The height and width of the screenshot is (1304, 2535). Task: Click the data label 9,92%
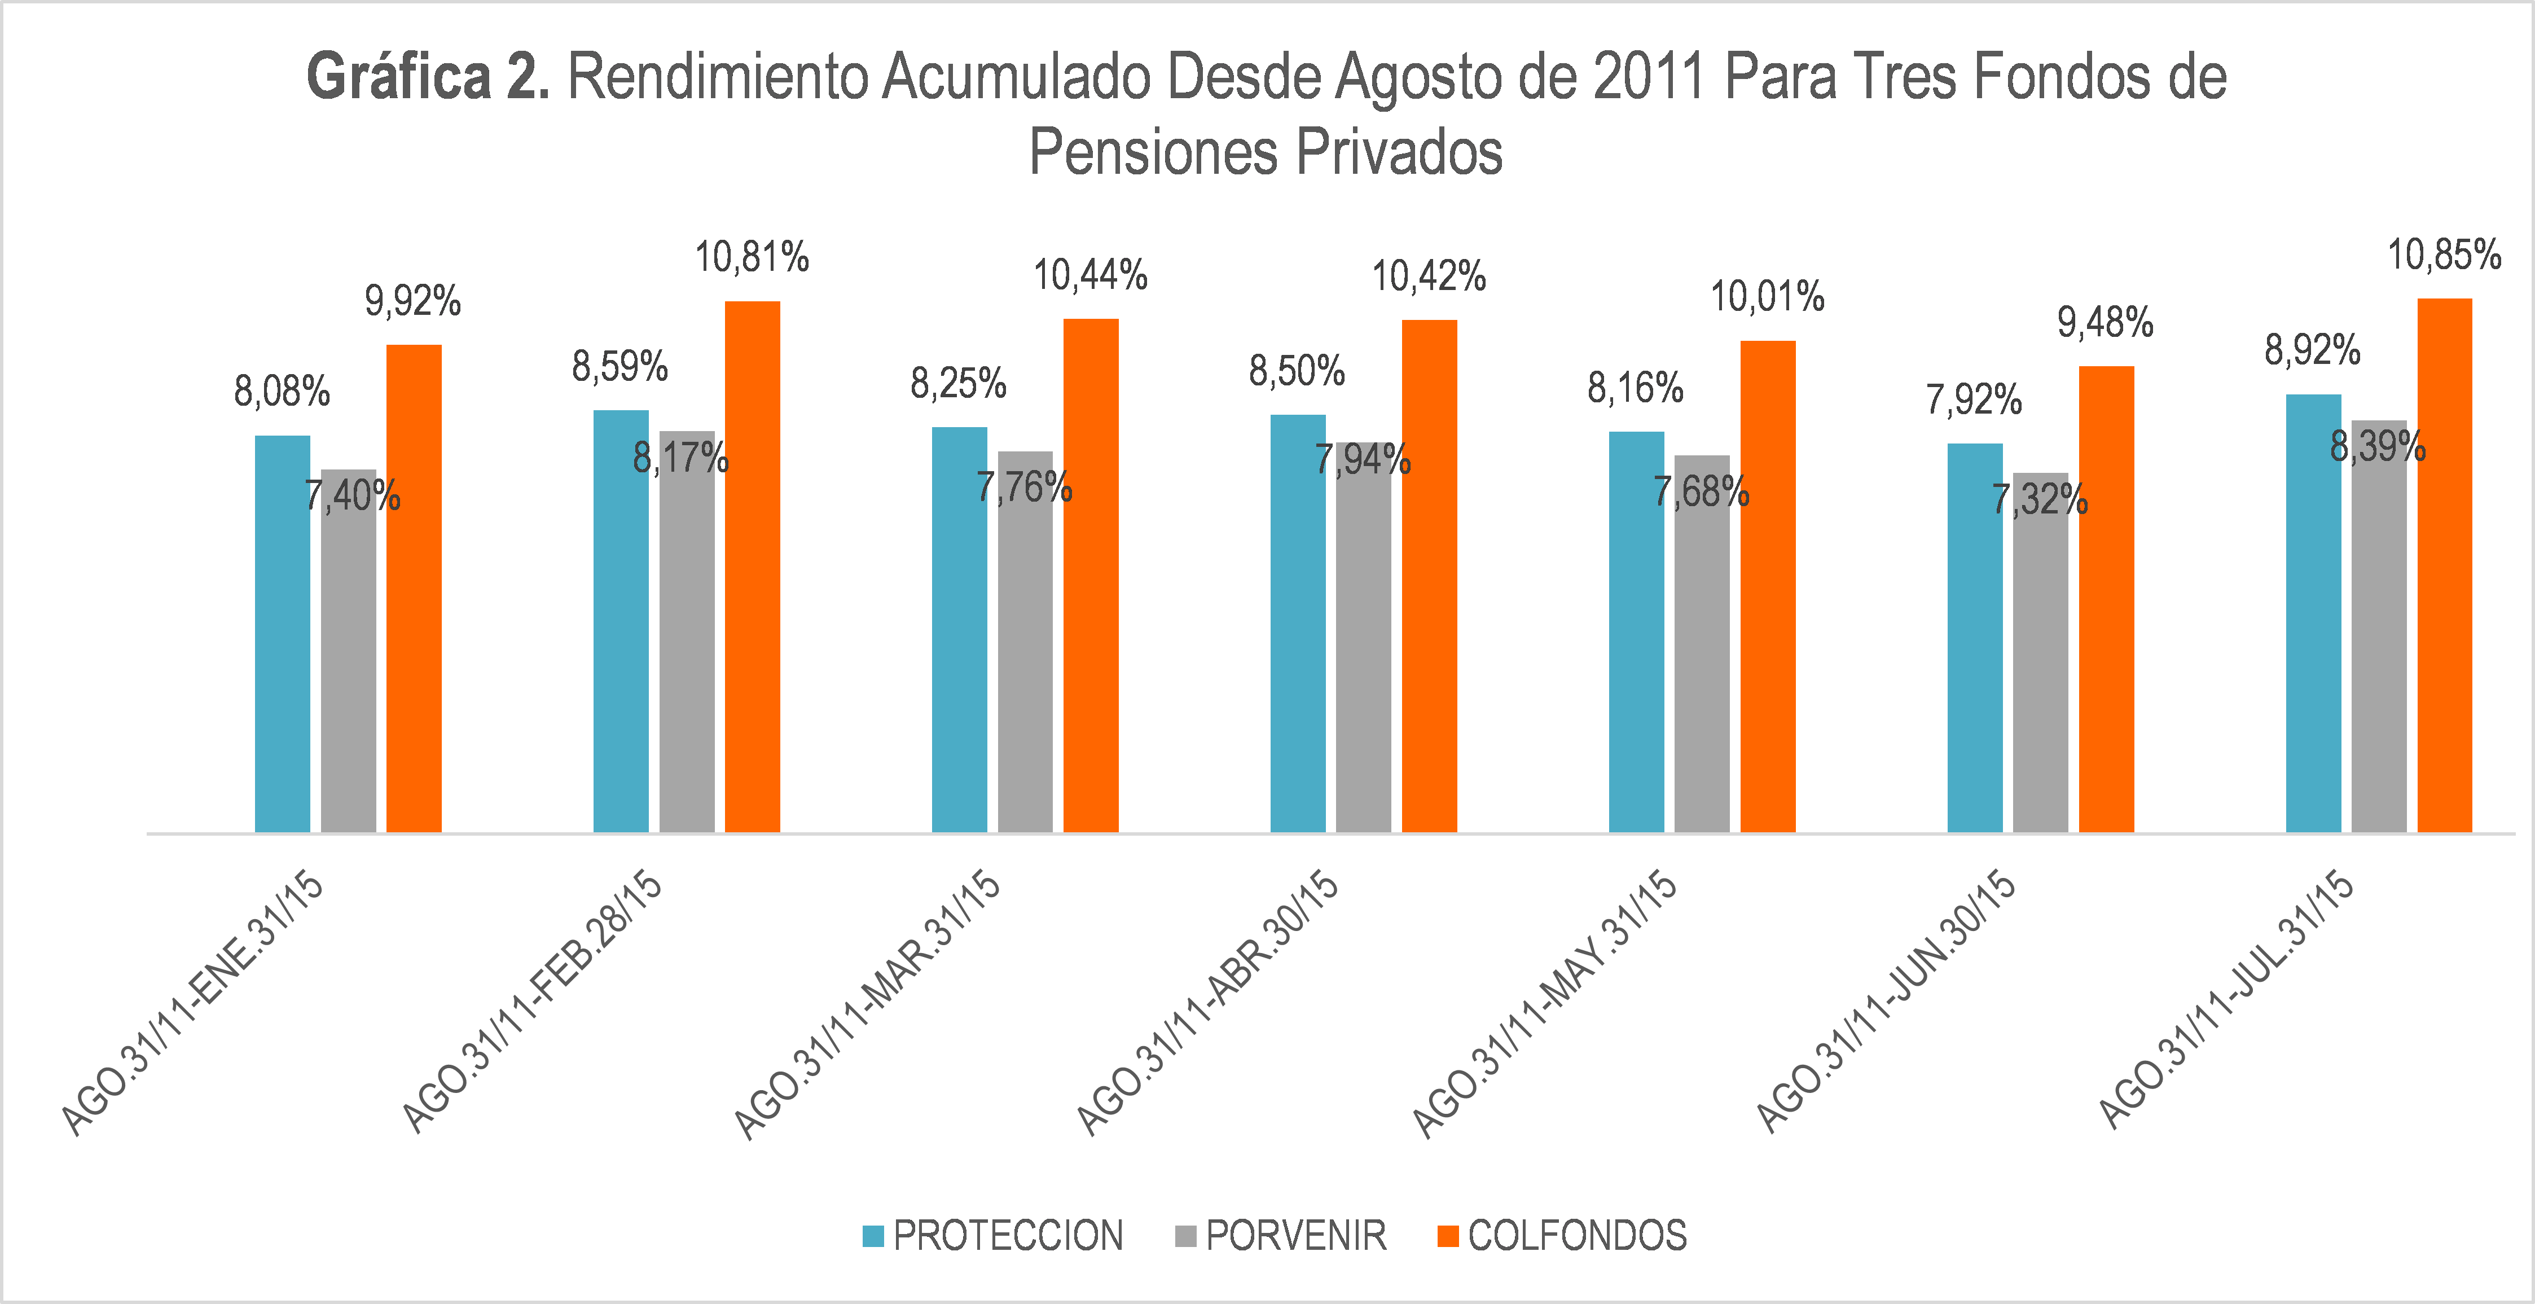(x=412, y=301)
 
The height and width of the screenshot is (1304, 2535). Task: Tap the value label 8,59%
(x=620, y=367)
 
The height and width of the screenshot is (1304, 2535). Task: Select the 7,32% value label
(x=2040, y=500)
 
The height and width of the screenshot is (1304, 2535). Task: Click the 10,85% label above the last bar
(x=2445, y=256)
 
